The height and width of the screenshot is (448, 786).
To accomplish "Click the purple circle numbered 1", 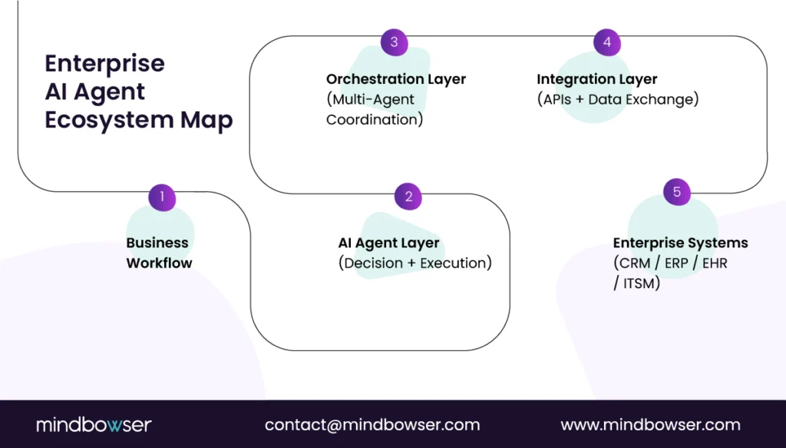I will click(x=162, y=197).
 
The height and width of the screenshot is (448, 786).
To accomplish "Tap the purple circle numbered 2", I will click(x=408, y=197).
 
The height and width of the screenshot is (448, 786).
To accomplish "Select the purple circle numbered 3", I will click(x=395, y=42).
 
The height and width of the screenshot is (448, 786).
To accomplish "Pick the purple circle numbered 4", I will click(x=607, y=42).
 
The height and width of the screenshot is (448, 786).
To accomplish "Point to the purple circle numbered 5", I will click(x=677, y=192).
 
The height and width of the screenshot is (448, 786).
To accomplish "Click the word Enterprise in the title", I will click(x=104, y=63).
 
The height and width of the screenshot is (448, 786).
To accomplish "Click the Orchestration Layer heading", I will click(x=395, y=79).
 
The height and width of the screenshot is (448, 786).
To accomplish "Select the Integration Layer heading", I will click(x=596, y=79).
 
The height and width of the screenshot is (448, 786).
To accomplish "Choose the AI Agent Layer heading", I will click(x=388, y=243).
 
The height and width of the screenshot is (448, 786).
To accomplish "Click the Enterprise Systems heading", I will click(x=680, y=243).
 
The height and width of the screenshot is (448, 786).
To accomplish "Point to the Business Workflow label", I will click(x=159, y=253).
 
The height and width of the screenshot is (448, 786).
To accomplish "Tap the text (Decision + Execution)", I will click(x=414, y=263).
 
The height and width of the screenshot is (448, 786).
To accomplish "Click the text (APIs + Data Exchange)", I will click(x=617, y=99).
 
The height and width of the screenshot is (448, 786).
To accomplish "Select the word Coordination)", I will click(x=375, y=120).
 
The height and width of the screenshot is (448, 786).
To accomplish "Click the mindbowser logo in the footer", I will click(x=94, y=424).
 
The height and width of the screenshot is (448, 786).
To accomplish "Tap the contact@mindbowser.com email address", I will click(x=372, y=424).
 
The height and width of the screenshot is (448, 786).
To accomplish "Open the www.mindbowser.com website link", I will click(x=650, y=424).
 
